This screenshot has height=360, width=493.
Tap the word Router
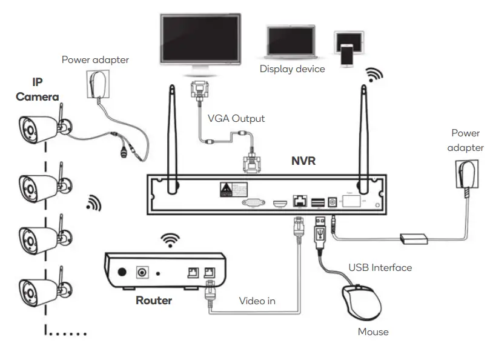153,300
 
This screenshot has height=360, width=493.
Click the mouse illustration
362,301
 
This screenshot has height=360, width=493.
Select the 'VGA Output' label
236,118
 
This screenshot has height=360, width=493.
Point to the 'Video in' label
257,300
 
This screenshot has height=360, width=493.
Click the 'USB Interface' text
380,267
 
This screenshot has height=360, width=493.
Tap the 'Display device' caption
292,68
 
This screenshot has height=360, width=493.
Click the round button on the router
122,273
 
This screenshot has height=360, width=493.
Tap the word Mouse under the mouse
373,332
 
